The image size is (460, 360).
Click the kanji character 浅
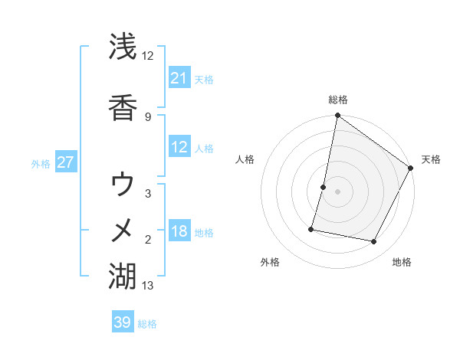point(123,47)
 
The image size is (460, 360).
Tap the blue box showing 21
point(179,78)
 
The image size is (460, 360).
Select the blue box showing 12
point(179,148)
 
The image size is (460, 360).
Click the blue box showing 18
point(179,232)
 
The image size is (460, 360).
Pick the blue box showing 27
point(66,162)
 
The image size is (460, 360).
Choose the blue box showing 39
point(123,322)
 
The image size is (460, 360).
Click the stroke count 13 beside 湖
point(148,286)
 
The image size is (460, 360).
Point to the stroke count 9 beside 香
point(148,116)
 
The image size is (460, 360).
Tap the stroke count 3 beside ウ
point(148,194)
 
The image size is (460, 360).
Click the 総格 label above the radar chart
point(338,100)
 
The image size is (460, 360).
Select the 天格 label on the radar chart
point(431,159)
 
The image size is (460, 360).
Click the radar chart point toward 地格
point(374,242)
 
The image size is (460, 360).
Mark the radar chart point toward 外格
point(312,229)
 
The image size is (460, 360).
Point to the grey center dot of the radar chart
point(338,191)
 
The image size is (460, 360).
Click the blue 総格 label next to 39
point(147,324)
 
